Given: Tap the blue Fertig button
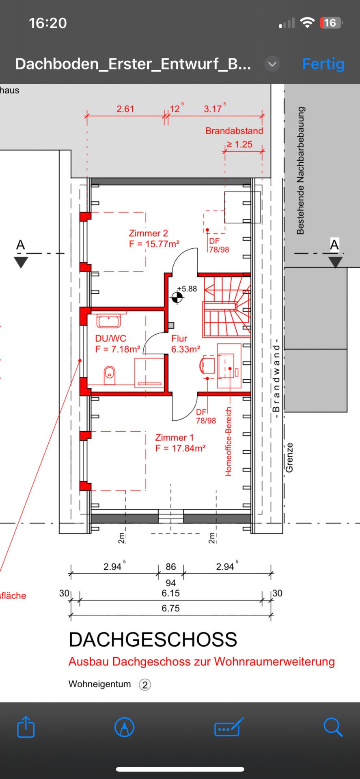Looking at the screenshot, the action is coord(323,64).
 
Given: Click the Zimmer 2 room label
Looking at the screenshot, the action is coord(148,233).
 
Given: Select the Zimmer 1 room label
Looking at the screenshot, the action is coord(175,438).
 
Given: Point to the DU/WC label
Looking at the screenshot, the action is coord(111,338).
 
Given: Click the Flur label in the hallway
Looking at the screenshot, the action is coord(179,338).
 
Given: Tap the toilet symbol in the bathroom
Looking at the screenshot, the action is coord(110,375).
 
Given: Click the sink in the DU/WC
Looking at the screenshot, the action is coord(108,320).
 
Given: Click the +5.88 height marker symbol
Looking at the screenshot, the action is coord(177,297).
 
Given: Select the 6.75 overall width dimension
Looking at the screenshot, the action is coord(170,608).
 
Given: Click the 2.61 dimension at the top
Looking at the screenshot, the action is coord(125,109).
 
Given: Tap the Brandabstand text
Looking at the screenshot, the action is coord(234,131).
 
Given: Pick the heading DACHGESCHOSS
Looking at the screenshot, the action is coord(153,640).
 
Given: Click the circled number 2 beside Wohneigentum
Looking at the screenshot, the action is coord(145,685).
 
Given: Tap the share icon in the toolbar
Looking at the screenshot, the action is coord(26,726).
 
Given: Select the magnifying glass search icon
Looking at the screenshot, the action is coord(333,727).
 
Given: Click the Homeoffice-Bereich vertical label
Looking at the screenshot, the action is coord(229,441).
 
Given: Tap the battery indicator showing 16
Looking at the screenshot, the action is coord(331,23).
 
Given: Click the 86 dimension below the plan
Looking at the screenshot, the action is coord(171,567).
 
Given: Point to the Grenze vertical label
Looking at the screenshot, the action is coord(289,458).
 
